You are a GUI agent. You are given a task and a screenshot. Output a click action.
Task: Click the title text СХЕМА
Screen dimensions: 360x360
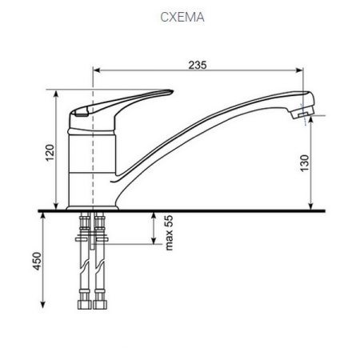(x=181, y=16)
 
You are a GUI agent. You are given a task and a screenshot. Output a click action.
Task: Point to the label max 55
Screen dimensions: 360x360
(x=169, y=232)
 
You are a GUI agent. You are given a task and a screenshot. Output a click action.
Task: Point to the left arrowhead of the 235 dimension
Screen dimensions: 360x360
(x=98, y=72)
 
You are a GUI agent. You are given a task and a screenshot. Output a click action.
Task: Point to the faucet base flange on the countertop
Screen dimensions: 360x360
(x=92, y=206)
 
